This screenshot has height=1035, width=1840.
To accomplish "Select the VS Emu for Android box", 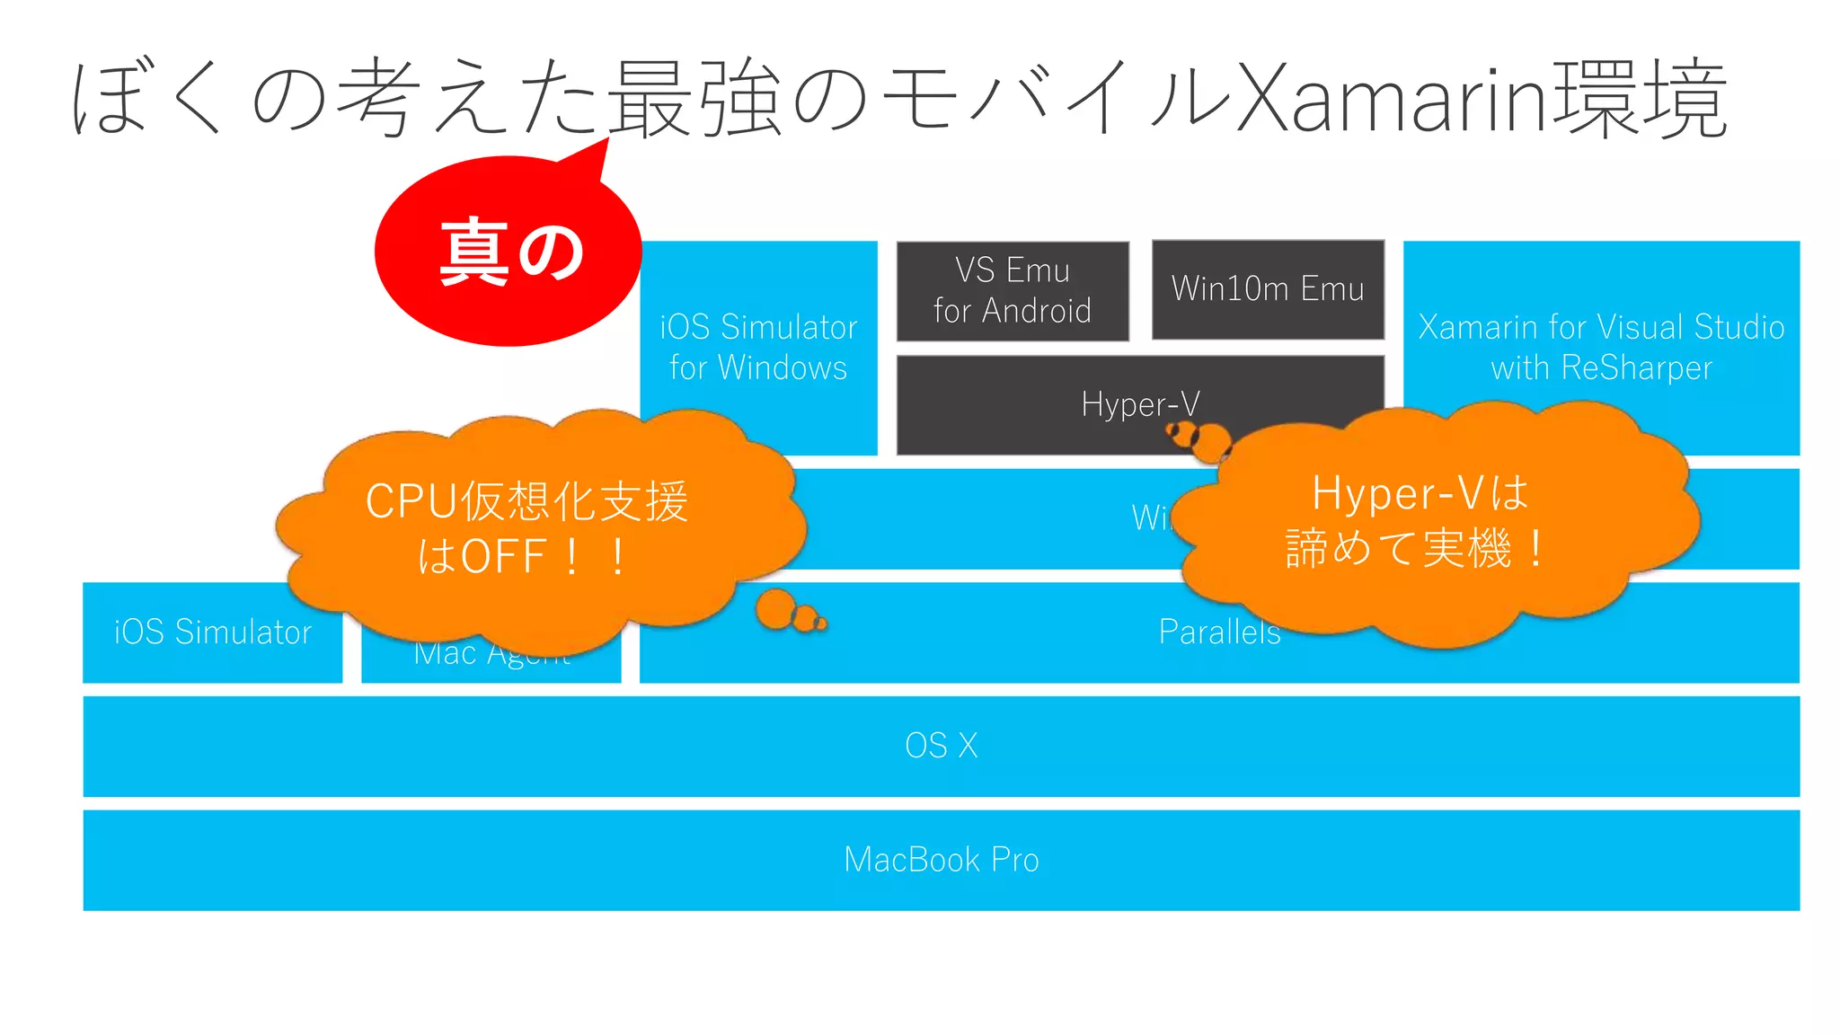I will click(1012, 290).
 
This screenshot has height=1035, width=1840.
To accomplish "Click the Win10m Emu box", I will click(1267, 289).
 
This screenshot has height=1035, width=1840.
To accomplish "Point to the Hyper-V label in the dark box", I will click(1139, 404).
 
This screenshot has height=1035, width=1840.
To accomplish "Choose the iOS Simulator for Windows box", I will click(757, 348).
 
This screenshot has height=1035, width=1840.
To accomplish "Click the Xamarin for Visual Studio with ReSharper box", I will click(1600, 348).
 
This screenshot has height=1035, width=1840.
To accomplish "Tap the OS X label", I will click(941, 746).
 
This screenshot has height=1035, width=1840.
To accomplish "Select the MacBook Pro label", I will click(941, 860).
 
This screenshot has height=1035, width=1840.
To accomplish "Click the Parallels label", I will click(1218, 632).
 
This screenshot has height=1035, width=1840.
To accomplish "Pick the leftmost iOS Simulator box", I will click(212, 632).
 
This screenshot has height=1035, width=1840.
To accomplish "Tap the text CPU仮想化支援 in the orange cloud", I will click(526, 501).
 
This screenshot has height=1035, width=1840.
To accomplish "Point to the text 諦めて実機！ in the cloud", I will click(1416, 548).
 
